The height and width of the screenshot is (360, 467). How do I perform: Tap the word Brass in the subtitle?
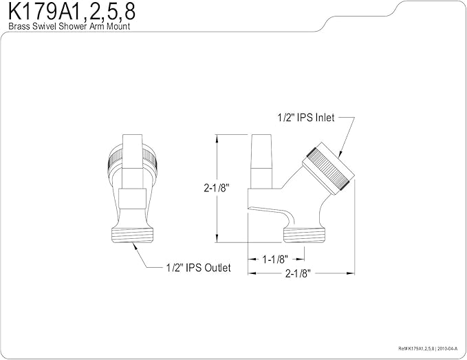[x=18, y=26]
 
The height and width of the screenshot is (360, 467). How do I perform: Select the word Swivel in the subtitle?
[x=44, y=26]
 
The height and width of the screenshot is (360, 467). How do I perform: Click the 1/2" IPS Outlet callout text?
[x=198, y=267]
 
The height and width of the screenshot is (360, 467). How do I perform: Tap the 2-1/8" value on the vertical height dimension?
[x=216, y=187]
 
